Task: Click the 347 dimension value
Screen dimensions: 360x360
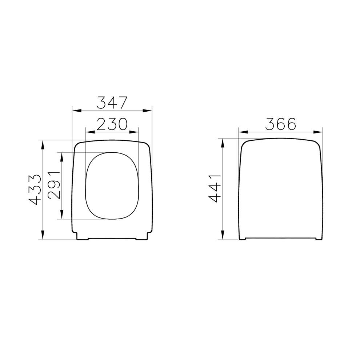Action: [x=112, y=103]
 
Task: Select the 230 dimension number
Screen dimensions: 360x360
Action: [x=112, y=124]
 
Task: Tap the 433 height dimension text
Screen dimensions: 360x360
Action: [x=35, y=190]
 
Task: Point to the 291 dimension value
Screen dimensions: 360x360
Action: [x=54, y=185]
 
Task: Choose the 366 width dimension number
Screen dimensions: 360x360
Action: [x=281, y=124]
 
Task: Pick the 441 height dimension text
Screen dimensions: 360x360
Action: [x=215, y=188]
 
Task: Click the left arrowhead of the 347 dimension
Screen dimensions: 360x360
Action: [x=77, y=111]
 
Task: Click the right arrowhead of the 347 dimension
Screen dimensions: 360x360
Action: [x=147, y=111]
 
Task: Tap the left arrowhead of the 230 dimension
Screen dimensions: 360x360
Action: [x=90, y=132]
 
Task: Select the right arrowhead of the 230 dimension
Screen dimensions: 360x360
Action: [x=134, y=132]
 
